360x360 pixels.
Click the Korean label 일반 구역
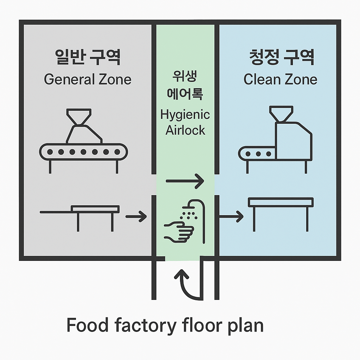pyautogui.click(x=88, y=57)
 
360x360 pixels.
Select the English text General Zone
pyautogui.click(x=88, y=79)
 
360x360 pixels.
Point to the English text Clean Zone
pyautogui.click(x=280, y=79)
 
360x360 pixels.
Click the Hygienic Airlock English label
pyautogui.click(x=185, y=122)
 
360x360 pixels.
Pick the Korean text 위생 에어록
pyautogui.click(x=185, y=85)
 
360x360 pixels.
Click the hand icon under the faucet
pyautogui.click(x=179, y=231)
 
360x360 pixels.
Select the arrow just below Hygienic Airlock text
pyautogui.click(x=185, y=182)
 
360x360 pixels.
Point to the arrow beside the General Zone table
pyautogui.click(x=136, y=216)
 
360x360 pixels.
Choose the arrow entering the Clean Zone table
pyautogui.click(x=231, y=216)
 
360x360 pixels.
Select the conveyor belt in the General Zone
pyautogui.click(x=83, y=152)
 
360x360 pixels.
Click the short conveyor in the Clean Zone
pyautogui.click(x=257, y=154)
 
